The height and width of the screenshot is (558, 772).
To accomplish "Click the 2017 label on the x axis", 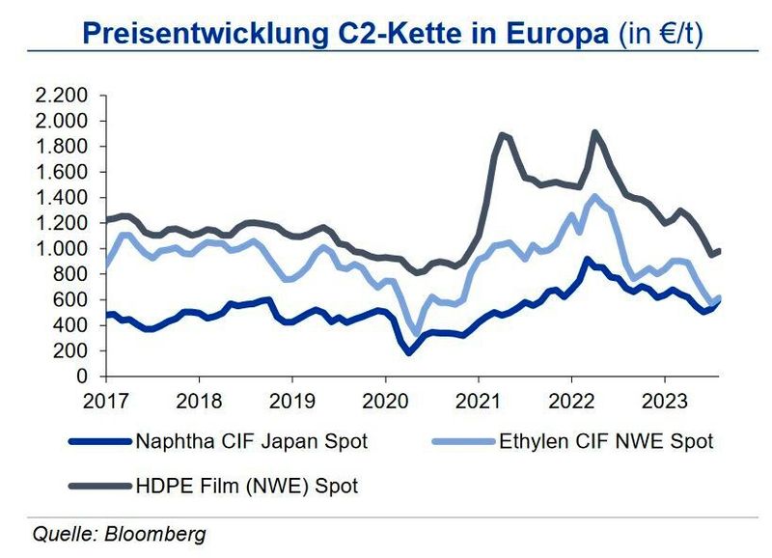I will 105,399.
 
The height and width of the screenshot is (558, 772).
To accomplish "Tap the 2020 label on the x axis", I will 385,399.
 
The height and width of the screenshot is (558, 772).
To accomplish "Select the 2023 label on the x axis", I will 665,399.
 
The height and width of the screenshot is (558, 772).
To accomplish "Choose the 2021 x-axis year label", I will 479,399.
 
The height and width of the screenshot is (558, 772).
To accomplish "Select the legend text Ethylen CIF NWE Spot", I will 606,442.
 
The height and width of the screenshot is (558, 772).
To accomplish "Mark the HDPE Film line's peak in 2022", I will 594,132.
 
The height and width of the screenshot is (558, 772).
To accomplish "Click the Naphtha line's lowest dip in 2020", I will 409,352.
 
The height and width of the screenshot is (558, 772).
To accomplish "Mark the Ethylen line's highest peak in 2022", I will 594,197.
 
